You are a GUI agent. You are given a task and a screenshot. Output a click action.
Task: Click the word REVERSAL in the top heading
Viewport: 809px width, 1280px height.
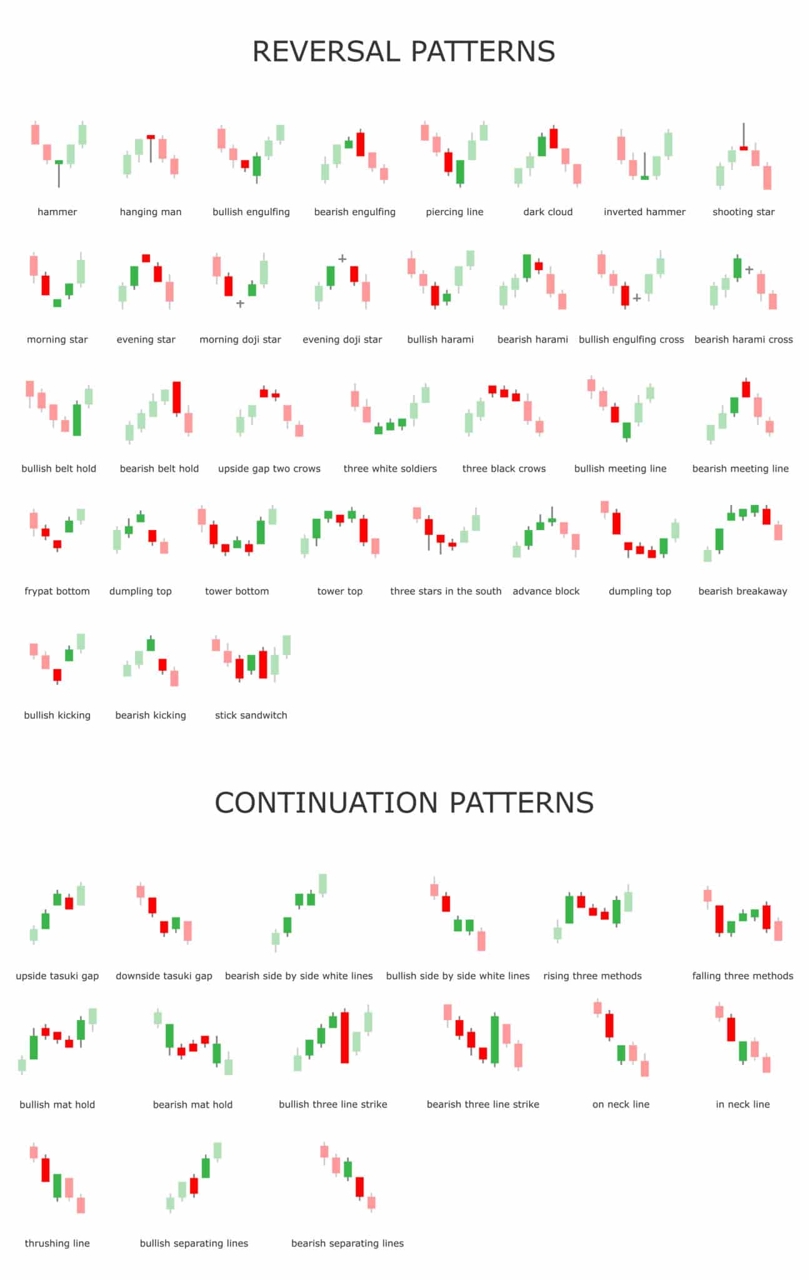pyautogui.click(x=326, y=51)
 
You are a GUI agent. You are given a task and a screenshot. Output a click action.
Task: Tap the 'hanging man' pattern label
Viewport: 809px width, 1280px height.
pyautogui.click(x=151, y=212)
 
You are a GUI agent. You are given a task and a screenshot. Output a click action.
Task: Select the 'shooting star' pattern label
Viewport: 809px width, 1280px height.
pyautogui.click(x=743, y=212)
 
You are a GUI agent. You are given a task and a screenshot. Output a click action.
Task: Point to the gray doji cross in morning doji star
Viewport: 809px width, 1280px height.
pyautogui.click(x=240, y=304)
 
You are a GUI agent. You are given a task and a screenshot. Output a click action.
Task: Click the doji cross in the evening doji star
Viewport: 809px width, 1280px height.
pyautogui.click(x=343, y=258)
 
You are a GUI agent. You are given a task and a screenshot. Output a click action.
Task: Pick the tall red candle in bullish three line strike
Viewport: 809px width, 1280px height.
pyautogui.click(x=344, y=1037)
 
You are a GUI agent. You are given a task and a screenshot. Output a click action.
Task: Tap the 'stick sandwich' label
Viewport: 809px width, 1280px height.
pyautogui.click(x=251, y=715)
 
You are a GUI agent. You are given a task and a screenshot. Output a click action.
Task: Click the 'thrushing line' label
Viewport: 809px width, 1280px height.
pyautogui.click(x=57, y=1243)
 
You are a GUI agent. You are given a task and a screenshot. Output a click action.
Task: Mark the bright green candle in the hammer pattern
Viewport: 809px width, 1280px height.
pyautogui.click(x=59, y=162)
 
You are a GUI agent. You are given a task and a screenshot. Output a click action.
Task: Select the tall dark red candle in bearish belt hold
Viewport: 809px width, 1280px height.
pyautogui.click(x=177, y=397)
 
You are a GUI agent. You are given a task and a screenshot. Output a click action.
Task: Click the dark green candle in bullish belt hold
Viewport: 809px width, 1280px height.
pyautogui.click(x=77, y=419)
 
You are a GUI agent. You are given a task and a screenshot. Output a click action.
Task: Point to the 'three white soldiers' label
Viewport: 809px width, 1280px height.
pyautogui.click(x=390, y=469)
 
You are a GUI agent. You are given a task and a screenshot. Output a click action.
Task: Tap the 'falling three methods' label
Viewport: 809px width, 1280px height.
pyautogui.click(x=742, y=976)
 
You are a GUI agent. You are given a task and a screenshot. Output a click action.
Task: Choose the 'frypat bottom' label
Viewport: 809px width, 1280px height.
pyautogui.click(x=57, y=591)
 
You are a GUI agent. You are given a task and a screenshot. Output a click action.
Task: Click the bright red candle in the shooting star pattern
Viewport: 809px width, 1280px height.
pyautogui.click(x=743, y=148)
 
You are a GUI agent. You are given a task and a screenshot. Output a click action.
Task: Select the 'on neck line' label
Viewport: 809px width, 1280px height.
pyautogui.click(x=621, y=1104)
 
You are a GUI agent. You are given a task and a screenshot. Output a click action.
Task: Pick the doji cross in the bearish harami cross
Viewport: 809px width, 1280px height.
pyautogui.click(x=749, y=270)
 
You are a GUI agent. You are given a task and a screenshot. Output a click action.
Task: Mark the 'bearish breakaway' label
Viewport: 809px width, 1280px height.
pyautogui.click(x=742, y=591)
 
